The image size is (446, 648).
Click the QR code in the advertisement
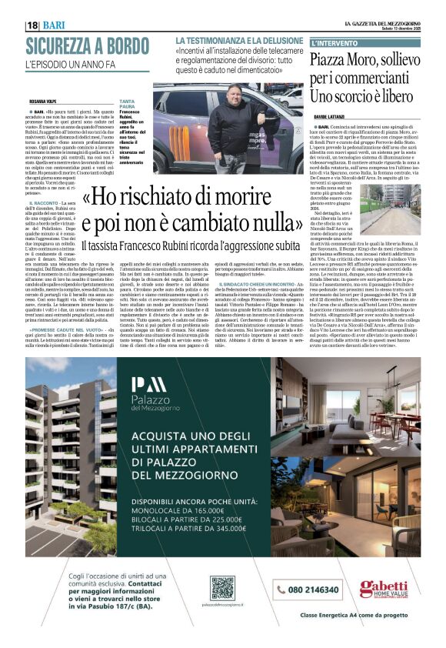tap(222, 588)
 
